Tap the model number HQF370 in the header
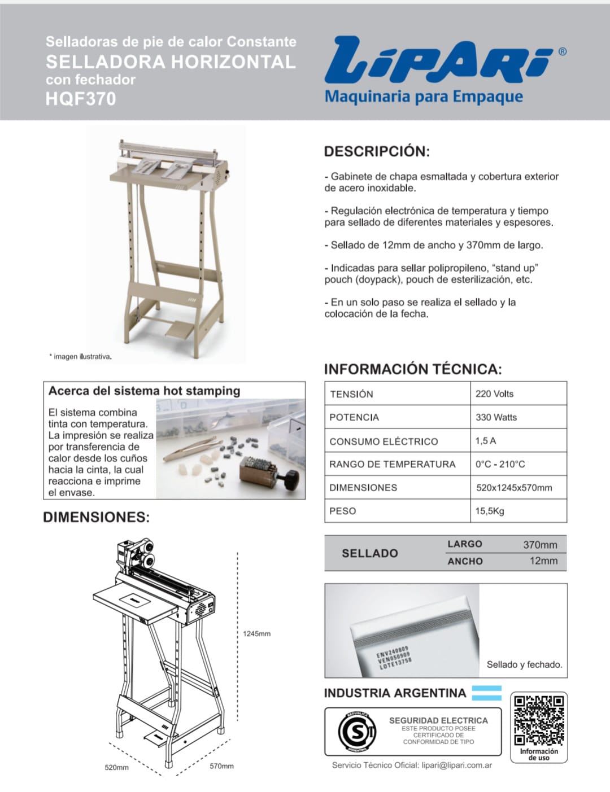(x=81, y=99)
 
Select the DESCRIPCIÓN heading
(x=377, y=151)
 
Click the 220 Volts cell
(x=494, y=393)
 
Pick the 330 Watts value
(x=496, y=417)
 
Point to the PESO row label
(x=342, y=511)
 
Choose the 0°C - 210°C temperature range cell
(x=500, y=464)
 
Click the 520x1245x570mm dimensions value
(x=514, y=488)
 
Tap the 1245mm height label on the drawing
(x=256, y=633)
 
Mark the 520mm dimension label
(x=116, y=767)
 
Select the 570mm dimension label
(x=221, y=766)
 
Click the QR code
(x=539, y=720)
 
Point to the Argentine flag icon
(x=486, y=693)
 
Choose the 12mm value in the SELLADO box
(x=543, y=561)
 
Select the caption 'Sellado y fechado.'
(x=524, y=664)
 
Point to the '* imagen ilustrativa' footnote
(x=80, y=356)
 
